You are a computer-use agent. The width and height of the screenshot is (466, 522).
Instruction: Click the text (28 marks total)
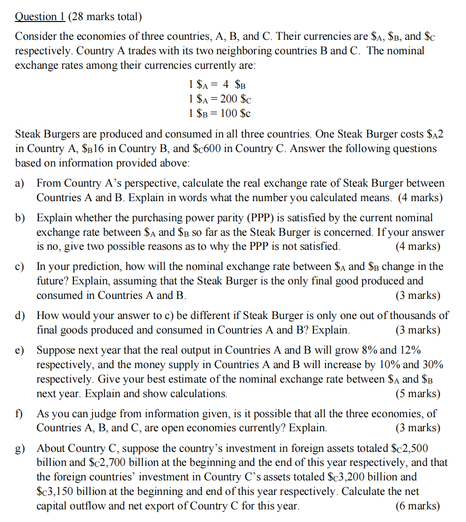point(104,17)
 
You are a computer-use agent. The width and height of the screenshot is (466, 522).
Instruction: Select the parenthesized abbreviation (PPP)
point(263,217)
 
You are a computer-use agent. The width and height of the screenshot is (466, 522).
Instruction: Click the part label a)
point(20,183)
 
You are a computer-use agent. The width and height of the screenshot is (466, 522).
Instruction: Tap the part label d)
point(20,316)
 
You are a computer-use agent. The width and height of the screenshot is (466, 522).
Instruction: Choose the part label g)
point(20,449)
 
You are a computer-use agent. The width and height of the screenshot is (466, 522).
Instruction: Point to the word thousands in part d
point(414,316)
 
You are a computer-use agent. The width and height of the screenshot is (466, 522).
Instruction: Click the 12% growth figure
point(409,350)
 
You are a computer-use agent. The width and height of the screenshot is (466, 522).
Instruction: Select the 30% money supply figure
point(432,364)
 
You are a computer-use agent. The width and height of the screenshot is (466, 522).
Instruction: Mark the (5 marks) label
point(417,394)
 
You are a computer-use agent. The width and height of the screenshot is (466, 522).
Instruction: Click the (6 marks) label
point(417,506)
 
